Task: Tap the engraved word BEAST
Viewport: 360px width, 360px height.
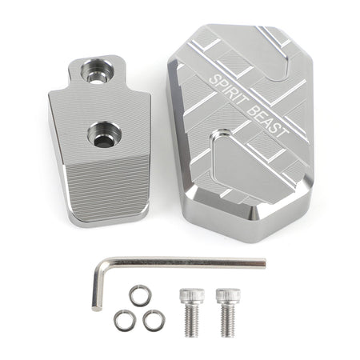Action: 267,122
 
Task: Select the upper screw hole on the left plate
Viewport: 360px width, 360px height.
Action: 98,71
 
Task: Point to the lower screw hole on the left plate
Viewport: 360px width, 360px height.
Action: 105,134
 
